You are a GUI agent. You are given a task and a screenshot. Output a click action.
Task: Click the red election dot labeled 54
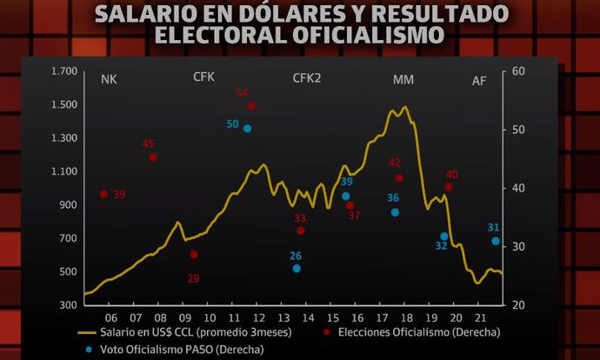(x=251, y=106)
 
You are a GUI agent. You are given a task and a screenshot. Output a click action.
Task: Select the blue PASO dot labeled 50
(x=248, y=129)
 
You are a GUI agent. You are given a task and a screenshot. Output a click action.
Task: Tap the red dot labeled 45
(x=153, y=157)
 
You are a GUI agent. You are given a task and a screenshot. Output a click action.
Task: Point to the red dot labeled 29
(x=194, y=255)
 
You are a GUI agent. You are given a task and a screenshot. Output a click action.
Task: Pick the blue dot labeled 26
(x=297, y=269)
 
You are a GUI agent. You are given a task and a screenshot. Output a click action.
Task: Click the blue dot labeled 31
(x=496, y=241)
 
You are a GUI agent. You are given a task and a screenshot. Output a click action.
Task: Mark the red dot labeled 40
(x=449, y=187)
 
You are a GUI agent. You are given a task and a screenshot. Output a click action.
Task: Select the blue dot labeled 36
(x=395, y=212)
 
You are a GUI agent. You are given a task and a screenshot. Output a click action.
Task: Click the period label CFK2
(x=307, y=78)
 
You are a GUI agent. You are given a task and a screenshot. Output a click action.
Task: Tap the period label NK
(x=109, y=80)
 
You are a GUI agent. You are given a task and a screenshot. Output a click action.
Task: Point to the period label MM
(x=403, y=80)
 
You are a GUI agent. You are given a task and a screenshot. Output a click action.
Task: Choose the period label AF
(x=479, y=81)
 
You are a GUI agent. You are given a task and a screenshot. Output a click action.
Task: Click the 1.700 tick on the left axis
(x=41, y=71)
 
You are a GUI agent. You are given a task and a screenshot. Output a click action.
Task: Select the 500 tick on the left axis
(x=44, y=271)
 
